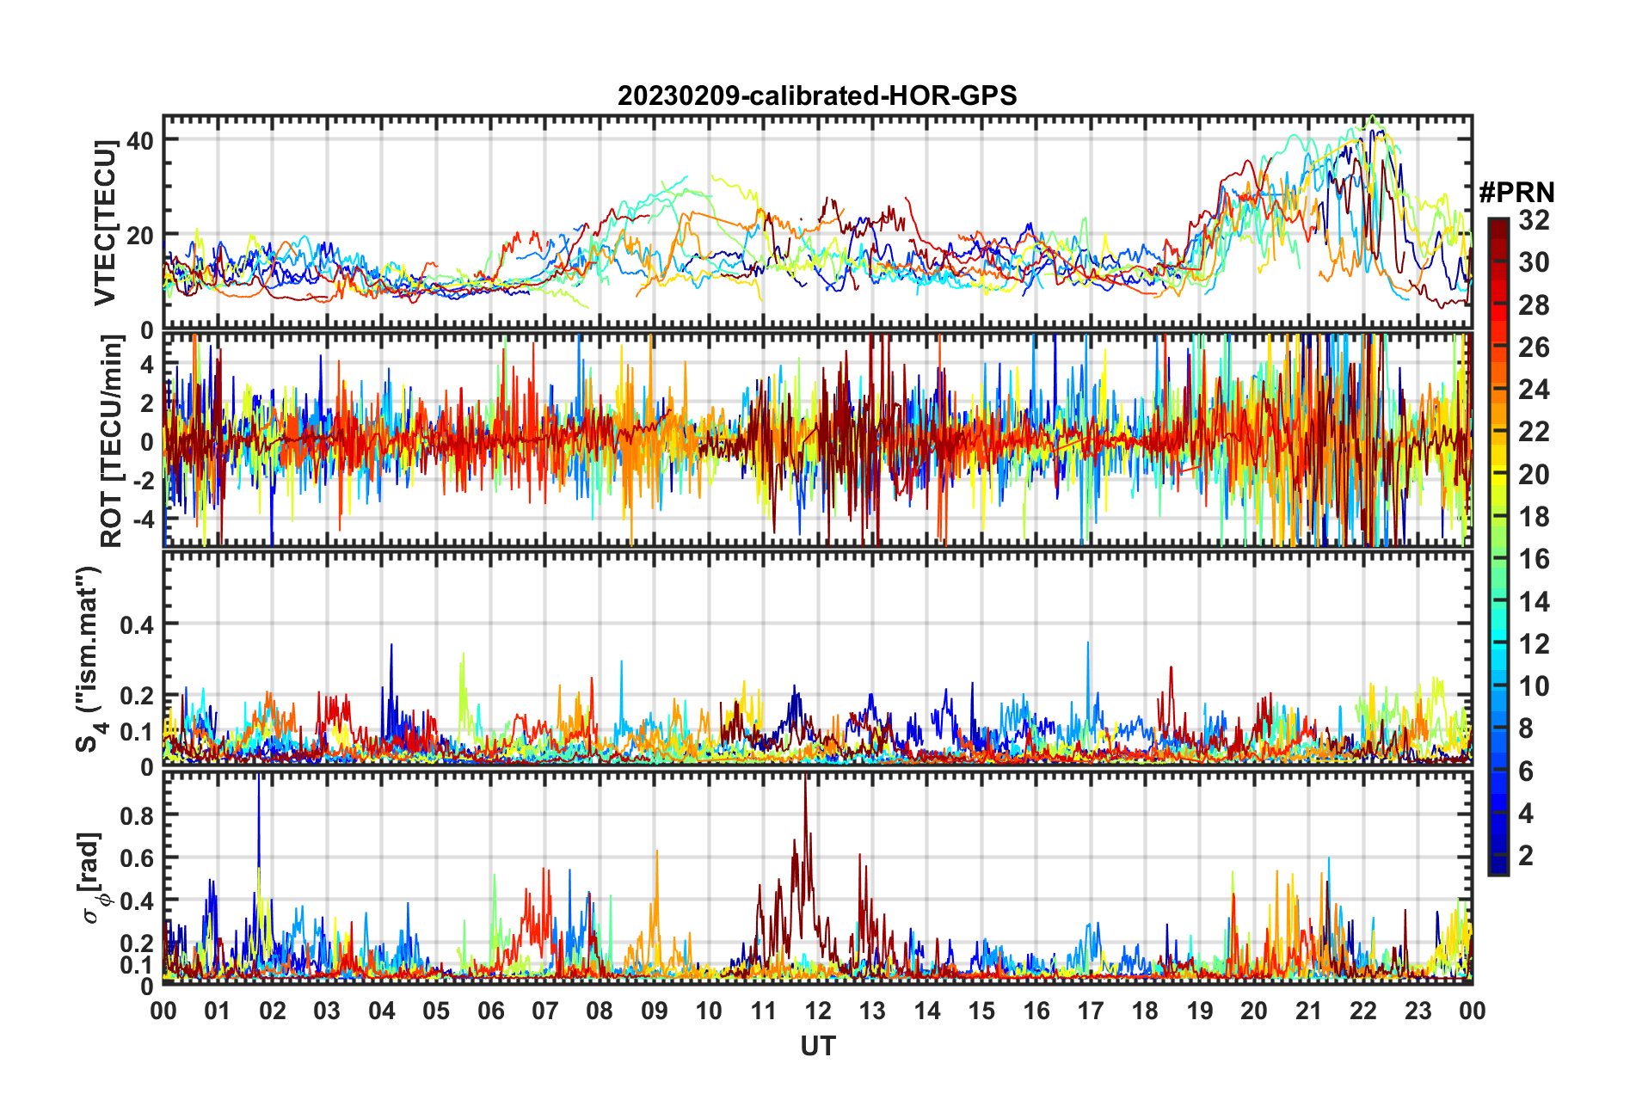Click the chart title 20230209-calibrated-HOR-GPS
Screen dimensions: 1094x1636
pos(817,95)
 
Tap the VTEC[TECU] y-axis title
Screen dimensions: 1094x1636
pos(105,223)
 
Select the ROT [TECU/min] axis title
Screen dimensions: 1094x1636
pos(112,440)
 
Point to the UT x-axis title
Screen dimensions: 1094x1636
pos(817,1046)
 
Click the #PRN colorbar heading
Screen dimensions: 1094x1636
pos(1516,193)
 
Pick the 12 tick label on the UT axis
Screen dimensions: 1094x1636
pos(817,1011)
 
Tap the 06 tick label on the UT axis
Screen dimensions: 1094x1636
pos(490,1011)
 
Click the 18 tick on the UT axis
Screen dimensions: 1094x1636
pos(1145,1011)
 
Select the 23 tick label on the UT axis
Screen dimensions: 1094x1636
pos(1418,1011)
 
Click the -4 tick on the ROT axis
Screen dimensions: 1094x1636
pos(145,519)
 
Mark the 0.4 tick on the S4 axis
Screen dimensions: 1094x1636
pos(137,624)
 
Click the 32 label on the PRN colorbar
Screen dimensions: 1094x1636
pos(1534,220)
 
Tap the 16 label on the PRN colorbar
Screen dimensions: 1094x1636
pos(1534,559)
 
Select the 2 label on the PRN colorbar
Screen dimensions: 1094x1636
pos(1527,856)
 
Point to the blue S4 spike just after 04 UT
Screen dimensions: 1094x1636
pos(391,645)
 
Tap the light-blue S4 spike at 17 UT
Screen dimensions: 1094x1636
pos(1087,643)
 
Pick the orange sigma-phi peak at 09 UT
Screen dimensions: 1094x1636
pos(657,851)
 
